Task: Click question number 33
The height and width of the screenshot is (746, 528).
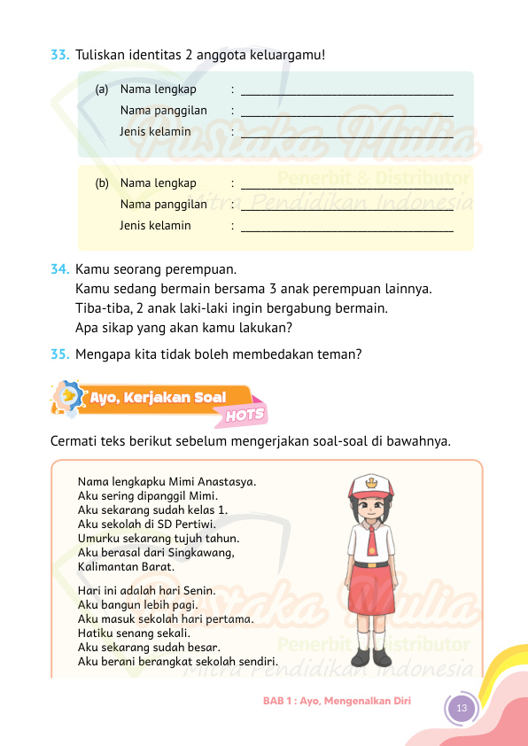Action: (60, 55)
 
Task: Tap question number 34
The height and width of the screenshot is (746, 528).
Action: (60, 268)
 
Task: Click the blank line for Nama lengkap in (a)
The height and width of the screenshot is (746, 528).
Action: (346, 92)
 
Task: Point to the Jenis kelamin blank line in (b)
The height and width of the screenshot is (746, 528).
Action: (346, 231)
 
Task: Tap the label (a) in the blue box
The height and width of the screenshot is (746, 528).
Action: (102, 89)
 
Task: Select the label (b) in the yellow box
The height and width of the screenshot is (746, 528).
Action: (102, 183)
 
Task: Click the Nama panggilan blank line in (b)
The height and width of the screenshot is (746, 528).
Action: (346, 210)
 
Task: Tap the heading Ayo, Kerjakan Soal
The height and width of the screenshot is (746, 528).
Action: (158, 398)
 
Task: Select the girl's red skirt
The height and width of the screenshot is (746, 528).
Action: (372, 599)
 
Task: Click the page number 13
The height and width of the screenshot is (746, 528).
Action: (461, 707)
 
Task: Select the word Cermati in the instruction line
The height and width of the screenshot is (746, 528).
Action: (77, 440)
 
